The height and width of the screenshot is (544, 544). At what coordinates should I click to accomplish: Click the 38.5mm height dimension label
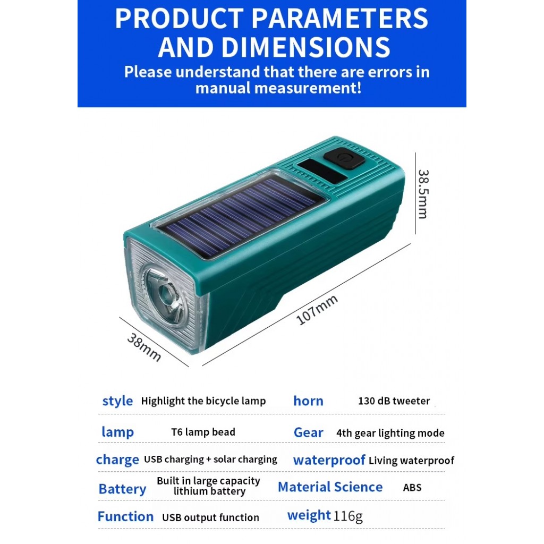[423, 194]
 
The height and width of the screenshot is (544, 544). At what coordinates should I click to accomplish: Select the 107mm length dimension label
[317, 310]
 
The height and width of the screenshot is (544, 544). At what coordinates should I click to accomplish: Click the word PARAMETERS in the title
[339, 19]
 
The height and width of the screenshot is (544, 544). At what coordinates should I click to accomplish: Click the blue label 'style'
[117, 401]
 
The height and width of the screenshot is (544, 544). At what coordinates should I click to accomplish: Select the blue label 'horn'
[309, 401]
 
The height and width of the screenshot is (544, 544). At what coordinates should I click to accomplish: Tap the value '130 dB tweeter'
[394, 401]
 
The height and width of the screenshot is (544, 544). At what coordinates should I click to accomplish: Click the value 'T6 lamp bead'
[203, 432]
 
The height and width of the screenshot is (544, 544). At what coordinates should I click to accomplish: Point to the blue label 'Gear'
[309, 432]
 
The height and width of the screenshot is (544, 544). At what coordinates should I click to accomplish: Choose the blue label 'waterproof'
[329, 460]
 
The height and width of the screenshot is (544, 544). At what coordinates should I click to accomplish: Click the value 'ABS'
[412, 488]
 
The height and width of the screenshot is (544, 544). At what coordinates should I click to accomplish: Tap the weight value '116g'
[347, 516]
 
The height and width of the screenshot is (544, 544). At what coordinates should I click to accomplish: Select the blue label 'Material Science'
[330, 487]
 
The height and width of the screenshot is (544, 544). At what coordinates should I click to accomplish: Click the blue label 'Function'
[125, 516]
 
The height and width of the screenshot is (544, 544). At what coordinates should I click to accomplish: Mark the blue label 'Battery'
[122, 489]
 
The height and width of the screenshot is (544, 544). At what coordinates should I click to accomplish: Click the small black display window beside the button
[322, 172]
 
